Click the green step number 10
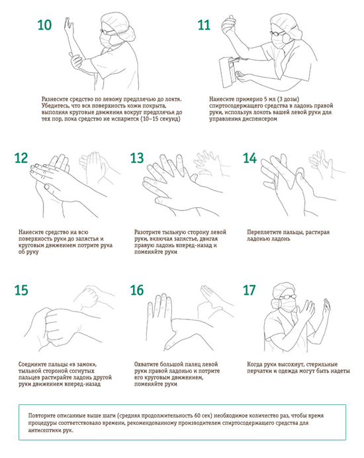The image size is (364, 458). (x=44, y=25)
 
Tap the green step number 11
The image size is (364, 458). (x=204, y=25)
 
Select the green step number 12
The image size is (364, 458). (x=21, y=158)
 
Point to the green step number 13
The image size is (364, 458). (x=137, y=158)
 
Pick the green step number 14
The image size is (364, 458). (x=250, y=158)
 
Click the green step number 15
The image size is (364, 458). (x=21, y=290)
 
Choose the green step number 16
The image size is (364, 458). (x=137, y=290)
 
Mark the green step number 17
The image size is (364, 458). (x=250, y=290)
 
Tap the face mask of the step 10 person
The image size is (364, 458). (x=106, y=39)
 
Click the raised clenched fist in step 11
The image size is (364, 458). (x=229, y=25)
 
